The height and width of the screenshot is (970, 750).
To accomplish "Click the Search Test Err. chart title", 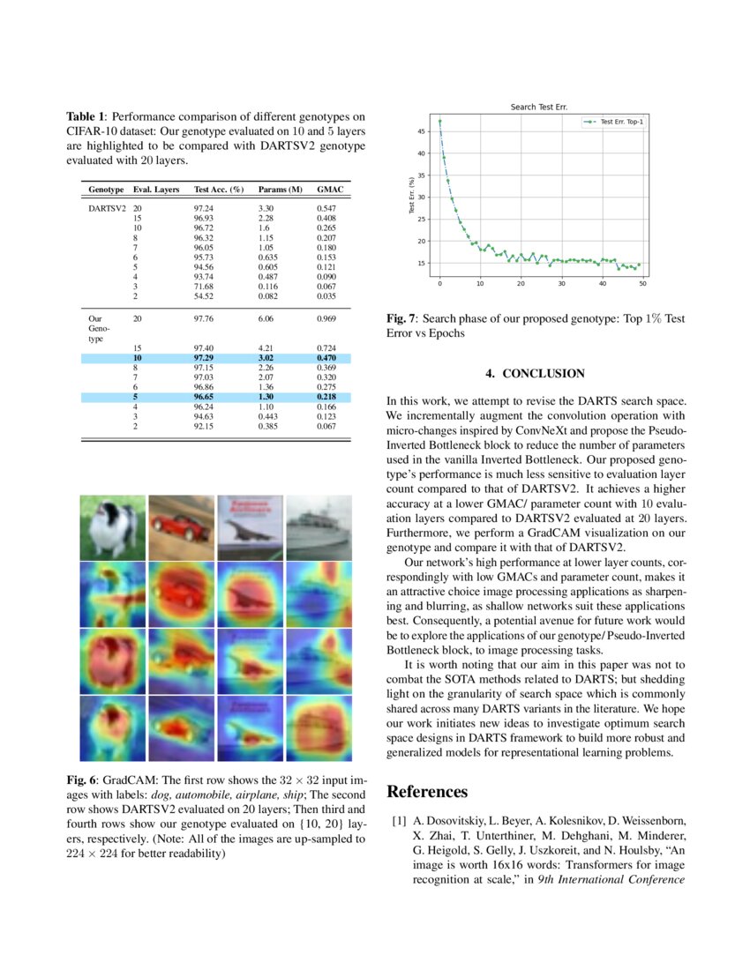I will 538,107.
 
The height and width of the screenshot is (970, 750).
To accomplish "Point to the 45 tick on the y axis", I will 421,131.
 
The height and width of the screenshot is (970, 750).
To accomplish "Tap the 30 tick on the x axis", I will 561,283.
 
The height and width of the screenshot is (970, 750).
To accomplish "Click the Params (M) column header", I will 280,190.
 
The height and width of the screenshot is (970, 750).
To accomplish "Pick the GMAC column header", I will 328,190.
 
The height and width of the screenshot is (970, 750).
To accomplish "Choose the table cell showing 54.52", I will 204,296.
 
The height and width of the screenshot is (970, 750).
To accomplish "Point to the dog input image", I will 113,527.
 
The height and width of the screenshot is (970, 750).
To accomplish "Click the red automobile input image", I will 182,527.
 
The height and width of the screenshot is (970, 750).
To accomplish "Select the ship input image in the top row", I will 319,527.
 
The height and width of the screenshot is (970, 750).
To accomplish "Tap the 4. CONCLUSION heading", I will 536,374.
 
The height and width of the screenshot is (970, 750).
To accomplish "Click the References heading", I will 427,792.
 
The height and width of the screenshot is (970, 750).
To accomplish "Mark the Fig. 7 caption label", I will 402,317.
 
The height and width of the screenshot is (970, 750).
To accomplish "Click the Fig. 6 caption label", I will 84,781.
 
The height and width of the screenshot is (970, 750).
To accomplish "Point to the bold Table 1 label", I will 86,116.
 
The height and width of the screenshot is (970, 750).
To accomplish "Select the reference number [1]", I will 399,821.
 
